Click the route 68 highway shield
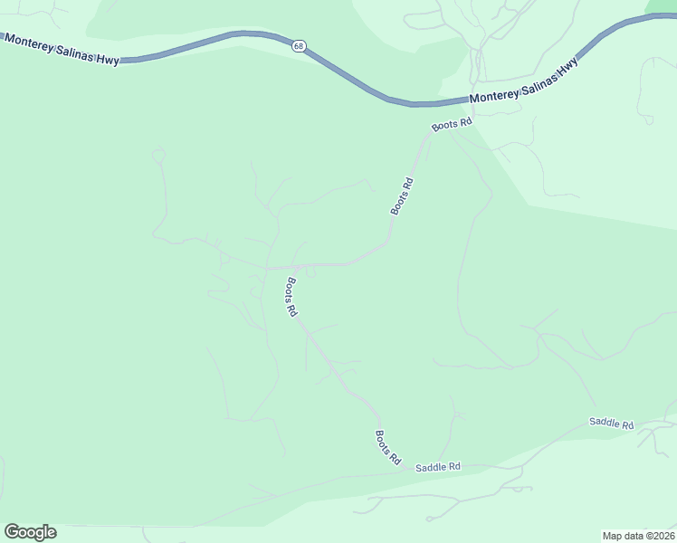[x=298, y=45]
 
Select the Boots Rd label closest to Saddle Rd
[x=387, y=447]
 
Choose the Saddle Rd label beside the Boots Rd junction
[x=438, y=467]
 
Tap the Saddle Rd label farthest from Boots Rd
[x=611, y=423]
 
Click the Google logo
[x=30, y=532]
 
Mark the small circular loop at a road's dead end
[x=158, y=155]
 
